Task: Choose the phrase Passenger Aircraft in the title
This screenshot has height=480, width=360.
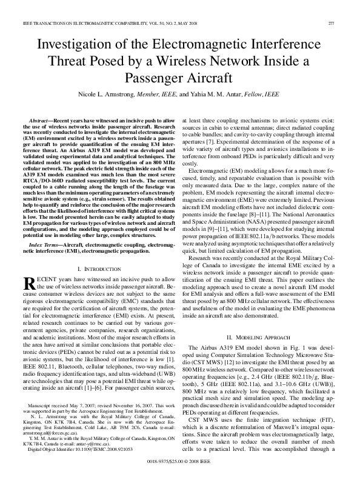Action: coord(179,79)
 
